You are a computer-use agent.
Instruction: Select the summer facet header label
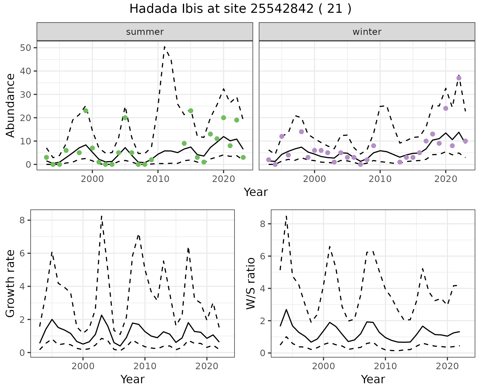145,32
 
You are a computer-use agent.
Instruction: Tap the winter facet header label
367,32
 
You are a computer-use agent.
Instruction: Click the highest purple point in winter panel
459,78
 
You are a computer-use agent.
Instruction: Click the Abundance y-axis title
11,105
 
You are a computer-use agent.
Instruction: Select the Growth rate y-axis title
11,283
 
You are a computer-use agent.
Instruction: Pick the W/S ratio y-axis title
251,283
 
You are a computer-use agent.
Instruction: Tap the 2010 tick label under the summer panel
158,179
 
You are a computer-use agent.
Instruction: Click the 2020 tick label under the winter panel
446,179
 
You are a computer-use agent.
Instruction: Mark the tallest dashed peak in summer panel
164,47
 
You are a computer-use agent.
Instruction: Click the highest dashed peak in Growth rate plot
101,216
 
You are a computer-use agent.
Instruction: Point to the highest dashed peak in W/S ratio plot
286,216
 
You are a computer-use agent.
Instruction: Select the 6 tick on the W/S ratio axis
263,256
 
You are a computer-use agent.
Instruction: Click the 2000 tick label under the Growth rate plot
83,366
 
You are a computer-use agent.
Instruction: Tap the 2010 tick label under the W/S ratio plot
385,366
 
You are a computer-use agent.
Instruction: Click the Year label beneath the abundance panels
256,192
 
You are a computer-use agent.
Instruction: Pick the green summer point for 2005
125,118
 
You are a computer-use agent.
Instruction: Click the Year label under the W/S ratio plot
373,379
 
